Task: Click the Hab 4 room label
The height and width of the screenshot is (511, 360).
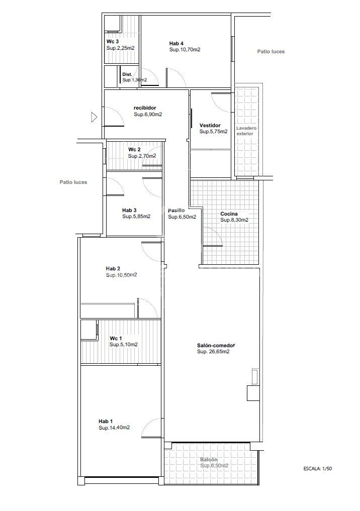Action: click(176, 43)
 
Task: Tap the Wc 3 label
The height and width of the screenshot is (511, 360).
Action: click(113, 42)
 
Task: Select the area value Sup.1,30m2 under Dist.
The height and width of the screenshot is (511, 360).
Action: click(134, 80)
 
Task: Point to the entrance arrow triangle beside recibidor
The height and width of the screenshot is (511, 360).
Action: click(94, 117)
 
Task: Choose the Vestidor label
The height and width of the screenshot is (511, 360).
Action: click(210, 125)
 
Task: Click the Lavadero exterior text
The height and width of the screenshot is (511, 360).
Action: click(246, 131)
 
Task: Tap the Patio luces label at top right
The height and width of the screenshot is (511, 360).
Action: click(271, 51)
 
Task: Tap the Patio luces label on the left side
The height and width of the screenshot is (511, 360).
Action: click(73, 182)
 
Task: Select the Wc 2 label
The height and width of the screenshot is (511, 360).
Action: click(134, 150)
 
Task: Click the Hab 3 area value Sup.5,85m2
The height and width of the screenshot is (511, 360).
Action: click(136, 217)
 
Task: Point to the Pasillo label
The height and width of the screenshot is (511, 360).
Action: click(176, 211)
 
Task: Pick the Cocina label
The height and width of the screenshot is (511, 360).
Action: click(229, 214)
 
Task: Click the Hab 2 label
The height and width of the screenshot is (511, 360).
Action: click(113, 268)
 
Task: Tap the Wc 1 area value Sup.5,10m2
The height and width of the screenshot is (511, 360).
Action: click(124, 345)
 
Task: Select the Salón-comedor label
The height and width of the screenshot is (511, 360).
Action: click(216, 345)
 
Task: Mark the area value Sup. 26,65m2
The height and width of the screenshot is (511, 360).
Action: click(213, 352)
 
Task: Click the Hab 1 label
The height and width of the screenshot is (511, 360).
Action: click(106, 421)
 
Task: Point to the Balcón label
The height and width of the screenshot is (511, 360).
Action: click(209, 460)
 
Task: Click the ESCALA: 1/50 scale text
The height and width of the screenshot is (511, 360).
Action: click(318, 468)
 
